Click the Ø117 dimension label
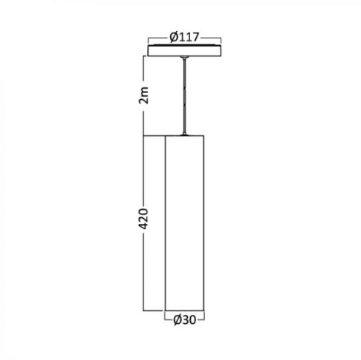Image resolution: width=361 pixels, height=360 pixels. point(184,38)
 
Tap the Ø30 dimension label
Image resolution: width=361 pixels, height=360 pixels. point(185,320)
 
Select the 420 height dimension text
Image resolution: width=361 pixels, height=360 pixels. point(144,219)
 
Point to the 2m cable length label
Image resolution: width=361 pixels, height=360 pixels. point(144,95)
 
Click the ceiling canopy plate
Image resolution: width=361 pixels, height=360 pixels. point(184,50)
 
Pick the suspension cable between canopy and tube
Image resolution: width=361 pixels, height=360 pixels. point(184,96)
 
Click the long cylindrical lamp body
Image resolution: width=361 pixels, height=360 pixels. point(185,223)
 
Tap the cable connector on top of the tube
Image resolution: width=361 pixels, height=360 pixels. point(184,135)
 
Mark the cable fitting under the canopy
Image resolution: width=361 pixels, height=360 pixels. point(184,58)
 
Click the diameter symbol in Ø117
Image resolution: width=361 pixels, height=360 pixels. point(174,38)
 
